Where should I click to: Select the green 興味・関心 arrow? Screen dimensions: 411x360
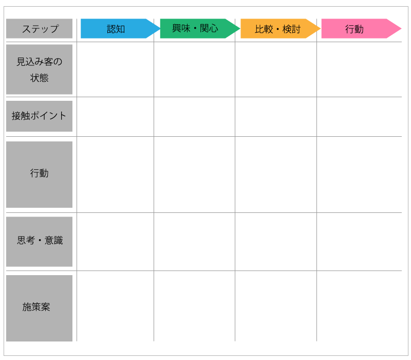coord(200,29)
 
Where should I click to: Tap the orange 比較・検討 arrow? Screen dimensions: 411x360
coord(281,29)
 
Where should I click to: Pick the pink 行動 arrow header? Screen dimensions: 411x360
coord(361,29)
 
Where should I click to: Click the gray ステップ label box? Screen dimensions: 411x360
coord(40,29)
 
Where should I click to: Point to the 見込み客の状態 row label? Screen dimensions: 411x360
coord(40,69)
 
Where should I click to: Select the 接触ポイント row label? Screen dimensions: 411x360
coord(40,116)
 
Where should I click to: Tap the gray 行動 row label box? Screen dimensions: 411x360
coord(40,174)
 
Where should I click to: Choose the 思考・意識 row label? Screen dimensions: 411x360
coord(40,242)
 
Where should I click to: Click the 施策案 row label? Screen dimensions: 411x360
coord(40,308)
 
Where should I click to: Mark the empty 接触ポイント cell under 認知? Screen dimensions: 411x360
coord(115,117)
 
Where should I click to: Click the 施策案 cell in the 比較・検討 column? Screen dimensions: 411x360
coord(276,306)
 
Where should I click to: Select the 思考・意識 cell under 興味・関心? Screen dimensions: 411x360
coord(195,242)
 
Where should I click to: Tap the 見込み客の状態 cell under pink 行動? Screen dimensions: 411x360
coord(359,69)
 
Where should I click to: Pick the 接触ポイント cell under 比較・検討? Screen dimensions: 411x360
coord(276,117)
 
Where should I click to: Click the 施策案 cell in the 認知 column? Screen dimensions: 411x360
coord(115,306)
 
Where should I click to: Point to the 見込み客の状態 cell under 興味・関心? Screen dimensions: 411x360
coord(195,69)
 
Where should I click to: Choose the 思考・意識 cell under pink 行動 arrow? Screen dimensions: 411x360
coord(359,242)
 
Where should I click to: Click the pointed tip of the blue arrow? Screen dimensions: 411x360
coord(160,29)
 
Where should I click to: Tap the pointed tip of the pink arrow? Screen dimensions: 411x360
coord(401,29)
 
